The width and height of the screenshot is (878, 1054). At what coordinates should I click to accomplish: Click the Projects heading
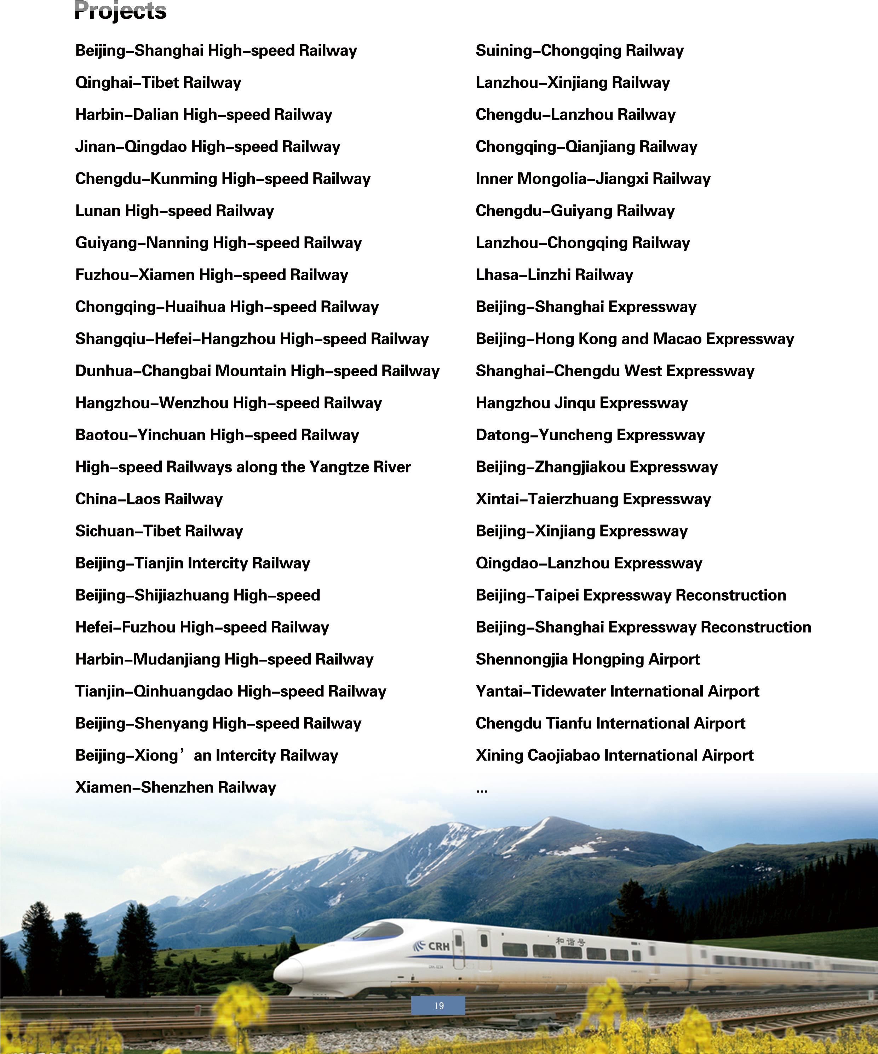(x=120, y=11)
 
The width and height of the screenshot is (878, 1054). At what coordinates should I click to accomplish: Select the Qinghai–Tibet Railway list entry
(x=158, y=83)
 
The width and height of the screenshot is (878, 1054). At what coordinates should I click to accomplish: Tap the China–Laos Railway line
(x=149, y=499)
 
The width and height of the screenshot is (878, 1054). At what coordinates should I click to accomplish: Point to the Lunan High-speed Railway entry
(x=174, y=211)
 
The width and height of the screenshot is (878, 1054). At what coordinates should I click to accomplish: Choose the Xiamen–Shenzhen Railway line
(x=176, y=787)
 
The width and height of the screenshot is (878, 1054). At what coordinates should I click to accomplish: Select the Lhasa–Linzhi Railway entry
(x=555, y=275)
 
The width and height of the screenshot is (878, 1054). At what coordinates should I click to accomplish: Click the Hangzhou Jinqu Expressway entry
(x=581, y=403)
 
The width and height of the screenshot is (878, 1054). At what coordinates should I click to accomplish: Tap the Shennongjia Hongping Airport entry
(x=587, y=659)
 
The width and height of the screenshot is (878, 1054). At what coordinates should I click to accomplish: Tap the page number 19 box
(x=438, y=1006)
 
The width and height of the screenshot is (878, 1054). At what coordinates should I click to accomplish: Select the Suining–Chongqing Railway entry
(x=579, y=51)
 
